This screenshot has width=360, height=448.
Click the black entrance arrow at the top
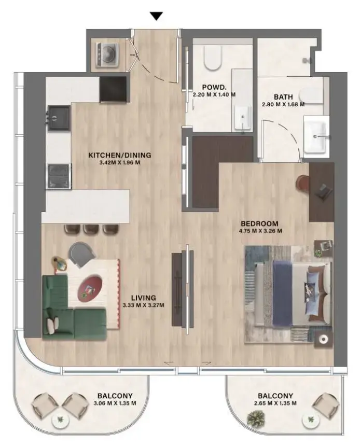click(x=156, y=16)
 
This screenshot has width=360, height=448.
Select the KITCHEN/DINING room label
click(x=119, y=155)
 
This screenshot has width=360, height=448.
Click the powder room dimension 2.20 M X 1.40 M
click(x=214, y=95)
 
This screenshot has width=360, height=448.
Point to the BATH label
click(x=283, y=96)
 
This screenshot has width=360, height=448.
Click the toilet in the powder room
click(x=213, y=59)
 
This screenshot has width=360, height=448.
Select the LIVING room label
click(x=143, y=298)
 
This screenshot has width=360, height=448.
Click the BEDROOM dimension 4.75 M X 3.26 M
click(x=260, y=231)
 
